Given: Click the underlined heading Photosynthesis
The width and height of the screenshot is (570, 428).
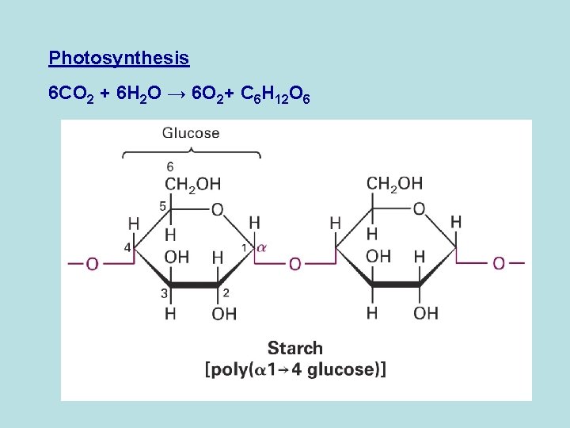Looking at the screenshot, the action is point(119,58).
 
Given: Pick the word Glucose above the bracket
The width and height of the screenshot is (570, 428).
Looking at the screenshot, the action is point(191,132).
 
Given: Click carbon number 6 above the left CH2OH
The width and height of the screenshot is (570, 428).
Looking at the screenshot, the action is point(170,166).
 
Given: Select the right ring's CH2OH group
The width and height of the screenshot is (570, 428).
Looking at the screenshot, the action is point(394,185).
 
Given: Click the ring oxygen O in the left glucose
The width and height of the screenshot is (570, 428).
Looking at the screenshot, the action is point(217,210).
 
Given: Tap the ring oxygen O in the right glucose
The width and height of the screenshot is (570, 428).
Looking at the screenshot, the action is point(419,209).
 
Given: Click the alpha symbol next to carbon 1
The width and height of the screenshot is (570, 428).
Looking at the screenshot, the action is point(262,247).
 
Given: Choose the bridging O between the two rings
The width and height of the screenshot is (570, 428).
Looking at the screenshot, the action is point(294,263).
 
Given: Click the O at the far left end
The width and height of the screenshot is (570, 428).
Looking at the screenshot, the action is point(92,263).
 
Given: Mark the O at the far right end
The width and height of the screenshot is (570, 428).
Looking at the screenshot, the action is point(498,262).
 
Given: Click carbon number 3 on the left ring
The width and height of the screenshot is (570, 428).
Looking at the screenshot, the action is point(165,293).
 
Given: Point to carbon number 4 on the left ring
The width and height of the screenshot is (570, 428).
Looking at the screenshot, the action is point(127,247).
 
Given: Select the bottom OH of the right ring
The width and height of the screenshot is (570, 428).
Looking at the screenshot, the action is point(425,313).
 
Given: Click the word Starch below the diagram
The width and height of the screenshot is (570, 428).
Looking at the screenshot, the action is point(295,348).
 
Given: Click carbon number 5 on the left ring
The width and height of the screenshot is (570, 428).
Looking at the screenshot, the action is point(162,206).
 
